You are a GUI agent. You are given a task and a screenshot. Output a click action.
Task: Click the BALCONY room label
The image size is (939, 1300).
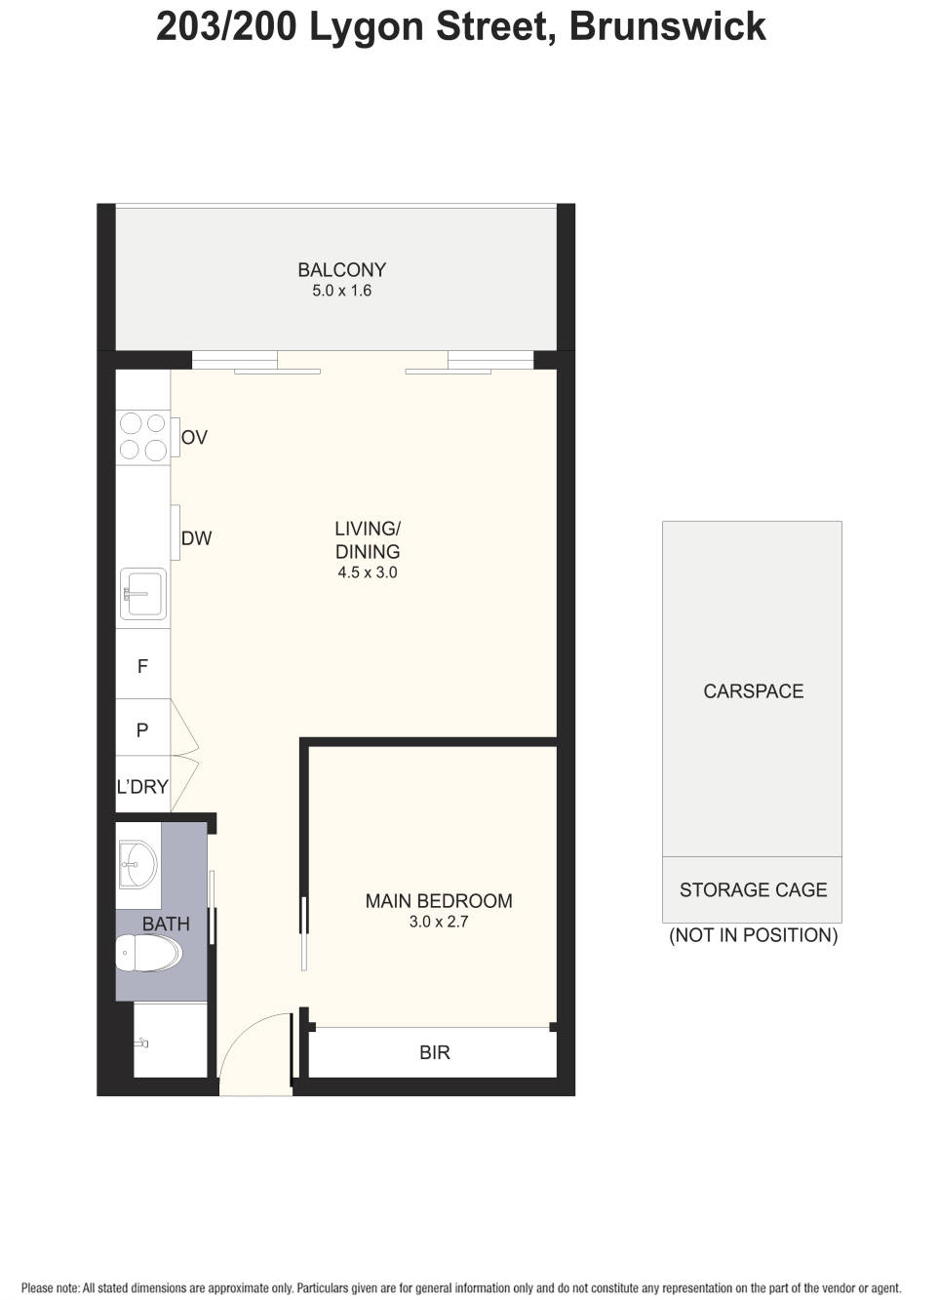point(341,270)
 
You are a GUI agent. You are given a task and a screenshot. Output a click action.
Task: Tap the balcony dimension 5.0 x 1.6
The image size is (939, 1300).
point(341,291)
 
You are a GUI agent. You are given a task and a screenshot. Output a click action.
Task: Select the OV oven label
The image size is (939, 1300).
point(194,438)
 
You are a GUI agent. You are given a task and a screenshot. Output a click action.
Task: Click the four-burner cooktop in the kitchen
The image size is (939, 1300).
point(142,436)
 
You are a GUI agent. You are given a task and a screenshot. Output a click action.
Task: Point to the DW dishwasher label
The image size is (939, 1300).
point(196,538)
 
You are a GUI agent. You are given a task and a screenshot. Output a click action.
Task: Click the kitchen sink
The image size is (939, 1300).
point(142,593)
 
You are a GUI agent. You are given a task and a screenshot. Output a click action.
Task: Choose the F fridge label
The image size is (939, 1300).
point(142,667)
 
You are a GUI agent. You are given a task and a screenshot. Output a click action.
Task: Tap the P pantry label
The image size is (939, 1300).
point(142,730)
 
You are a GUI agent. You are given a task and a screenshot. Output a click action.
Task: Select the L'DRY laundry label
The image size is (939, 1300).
point(142,787)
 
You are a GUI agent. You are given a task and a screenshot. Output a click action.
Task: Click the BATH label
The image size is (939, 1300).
point(166,924)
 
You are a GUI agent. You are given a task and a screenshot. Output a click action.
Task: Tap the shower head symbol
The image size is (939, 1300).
point(142,1044)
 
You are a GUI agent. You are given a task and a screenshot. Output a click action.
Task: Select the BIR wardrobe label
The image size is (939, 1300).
point(435,1053)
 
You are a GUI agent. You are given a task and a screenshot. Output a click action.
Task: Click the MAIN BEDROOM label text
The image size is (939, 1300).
point(439,901)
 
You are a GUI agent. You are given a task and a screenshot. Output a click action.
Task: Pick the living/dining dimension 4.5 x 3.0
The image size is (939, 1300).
point(368,573)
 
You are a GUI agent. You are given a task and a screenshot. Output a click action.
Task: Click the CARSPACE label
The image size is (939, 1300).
point(753,691)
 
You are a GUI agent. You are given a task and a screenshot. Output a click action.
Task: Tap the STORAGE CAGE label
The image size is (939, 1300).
point(753,890)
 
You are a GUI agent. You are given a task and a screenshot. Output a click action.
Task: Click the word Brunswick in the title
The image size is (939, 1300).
point(667,27)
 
